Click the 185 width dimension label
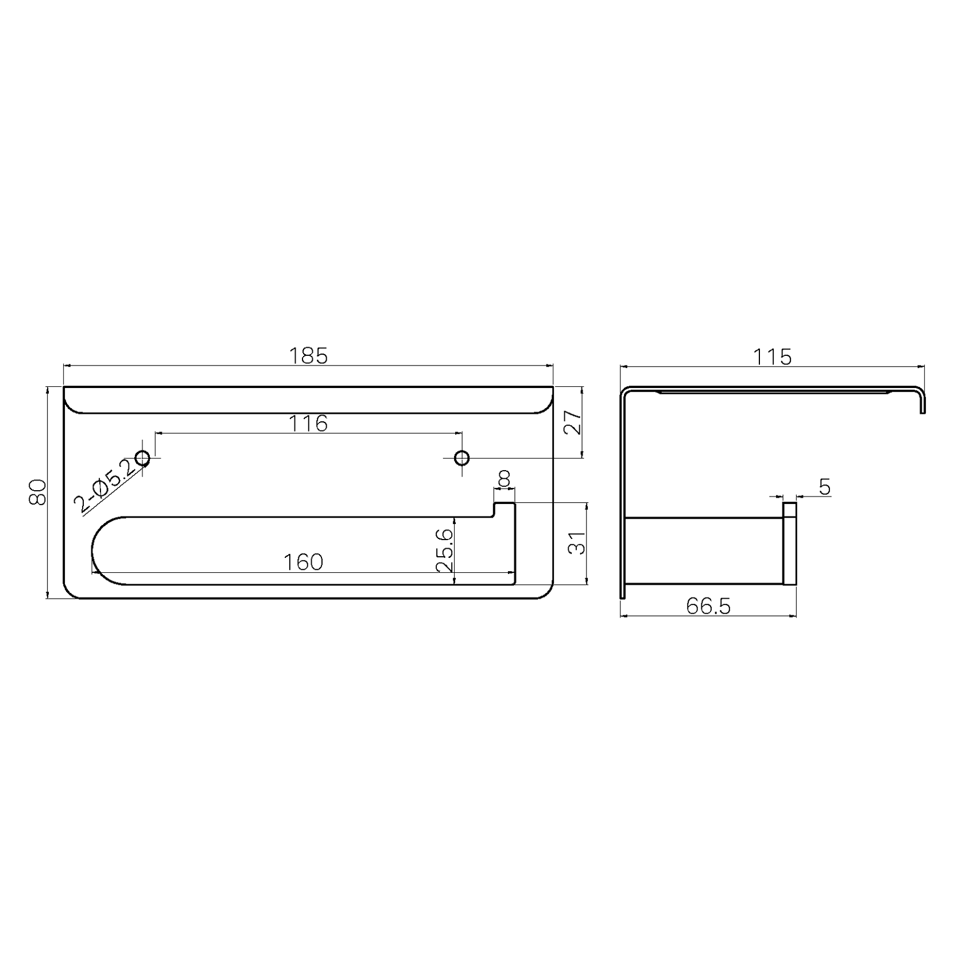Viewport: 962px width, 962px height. (308, 356)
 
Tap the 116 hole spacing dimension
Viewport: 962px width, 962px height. (308, 424)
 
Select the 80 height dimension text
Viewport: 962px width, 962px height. (37, 492)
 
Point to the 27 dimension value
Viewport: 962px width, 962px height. (573, 422)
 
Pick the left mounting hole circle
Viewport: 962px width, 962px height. (142, 458)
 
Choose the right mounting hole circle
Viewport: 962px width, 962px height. (461, 458)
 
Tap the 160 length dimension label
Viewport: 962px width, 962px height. (304, 562)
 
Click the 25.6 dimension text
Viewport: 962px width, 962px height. (444, 550)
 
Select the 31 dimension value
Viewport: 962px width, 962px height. (577, 542)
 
